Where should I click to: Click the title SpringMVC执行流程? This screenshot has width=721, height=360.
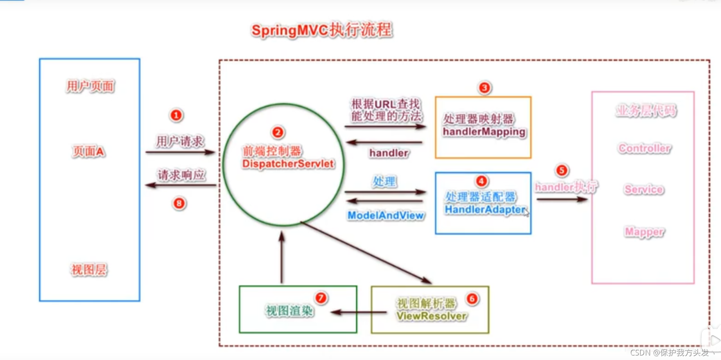(322, 30)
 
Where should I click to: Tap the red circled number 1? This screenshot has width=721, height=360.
(176, 115)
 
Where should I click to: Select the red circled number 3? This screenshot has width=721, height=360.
(484, 87)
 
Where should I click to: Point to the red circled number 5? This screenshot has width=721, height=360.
(562, 170)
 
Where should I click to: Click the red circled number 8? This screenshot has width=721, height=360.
(179, 203)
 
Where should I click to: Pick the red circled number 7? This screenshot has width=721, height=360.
(321, 298)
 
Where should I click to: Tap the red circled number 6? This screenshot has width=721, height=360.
(472, 299)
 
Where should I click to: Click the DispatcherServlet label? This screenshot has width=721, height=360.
(288, 164)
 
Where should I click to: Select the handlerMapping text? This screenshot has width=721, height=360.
(484, 132)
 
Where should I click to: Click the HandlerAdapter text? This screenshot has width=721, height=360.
(485, 210)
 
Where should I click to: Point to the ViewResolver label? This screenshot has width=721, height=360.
(431, 316)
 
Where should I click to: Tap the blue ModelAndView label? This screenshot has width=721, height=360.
(385, 215)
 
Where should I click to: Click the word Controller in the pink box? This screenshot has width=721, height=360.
(644, 148)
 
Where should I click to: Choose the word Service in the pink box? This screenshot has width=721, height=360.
(644, 190)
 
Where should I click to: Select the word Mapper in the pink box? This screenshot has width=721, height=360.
(644, 232)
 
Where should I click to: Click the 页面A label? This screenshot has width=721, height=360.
(88, 152)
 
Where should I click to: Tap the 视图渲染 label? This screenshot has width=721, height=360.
(289, 311)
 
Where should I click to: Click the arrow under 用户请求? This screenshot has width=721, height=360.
(180, 152)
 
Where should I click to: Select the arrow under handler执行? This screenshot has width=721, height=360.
(562, 199)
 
